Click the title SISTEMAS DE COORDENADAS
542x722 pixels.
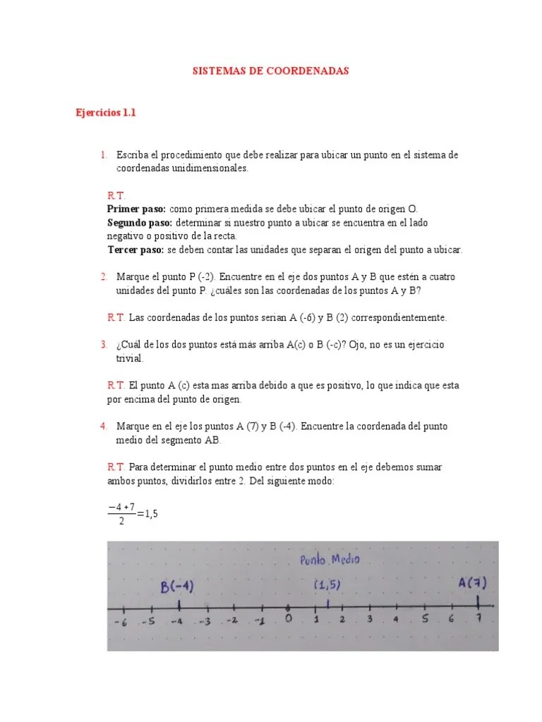tap(271, 71)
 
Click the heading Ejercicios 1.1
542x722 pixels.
tap(105, 113)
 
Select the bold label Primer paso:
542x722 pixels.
tap(136, 209)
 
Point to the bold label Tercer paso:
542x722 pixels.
tap(135, 250)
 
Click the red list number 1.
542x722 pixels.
tap(103, 154)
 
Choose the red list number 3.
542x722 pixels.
tap(103, 345)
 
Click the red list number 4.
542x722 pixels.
tap(103, 427)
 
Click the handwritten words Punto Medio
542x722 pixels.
tap(330, 560)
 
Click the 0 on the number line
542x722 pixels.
tap(288, 620)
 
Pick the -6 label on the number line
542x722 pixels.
tap(121, 623)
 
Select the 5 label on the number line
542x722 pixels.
tap(424, 620)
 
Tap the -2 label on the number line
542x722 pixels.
tap(233, 621)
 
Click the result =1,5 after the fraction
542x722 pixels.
tap(147, 514)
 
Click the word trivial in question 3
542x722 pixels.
tap(130, 358)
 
